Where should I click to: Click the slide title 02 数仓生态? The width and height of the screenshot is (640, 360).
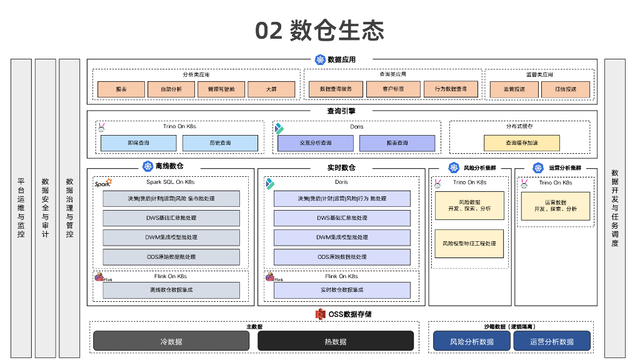tap(319, 31)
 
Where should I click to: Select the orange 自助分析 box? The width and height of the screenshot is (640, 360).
tap(171, 89)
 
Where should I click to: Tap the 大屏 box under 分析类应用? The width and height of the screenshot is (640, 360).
tap(271, 89)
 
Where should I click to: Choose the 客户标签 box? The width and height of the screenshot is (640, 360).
tap(393, 89)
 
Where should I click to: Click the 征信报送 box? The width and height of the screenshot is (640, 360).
tap(565, 89)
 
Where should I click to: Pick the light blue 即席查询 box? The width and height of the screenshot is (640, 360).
tap(138, 143)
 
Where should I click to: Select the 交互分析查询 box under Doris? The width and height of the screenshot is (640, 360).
tap(316, 143)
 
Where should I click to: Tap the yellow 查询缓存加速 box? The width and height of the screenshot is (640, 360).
tap(521, 143)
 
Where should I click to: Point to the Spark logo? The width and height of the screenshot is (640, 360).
tap(103, 183)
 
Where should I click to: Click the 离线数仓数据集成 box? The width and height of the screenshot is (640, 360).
tap(171, 290)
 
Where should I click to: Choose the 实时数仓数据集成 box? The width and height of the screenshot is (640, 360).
tap(342, 290)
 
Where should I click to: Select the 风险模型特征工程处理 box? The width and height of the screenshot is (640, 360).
tap(469, 244)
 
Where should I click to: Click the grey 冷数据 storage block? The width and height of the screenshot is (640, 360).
tap(171, 341)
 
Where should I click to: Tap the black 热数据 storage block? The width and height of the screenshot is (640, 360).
tap(336, 341)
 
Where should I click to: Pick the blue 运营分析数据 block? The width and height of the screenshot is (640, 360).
tap(552, 341)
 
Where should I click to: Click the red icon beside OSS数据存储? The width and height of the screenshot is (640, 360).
tap(321, 314)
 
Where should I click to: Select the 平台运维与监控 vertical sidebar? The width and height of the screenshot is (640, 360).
tap(21, 208)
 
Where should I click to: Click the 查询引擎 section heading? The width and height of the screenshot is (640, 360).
tap(341, 111)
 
